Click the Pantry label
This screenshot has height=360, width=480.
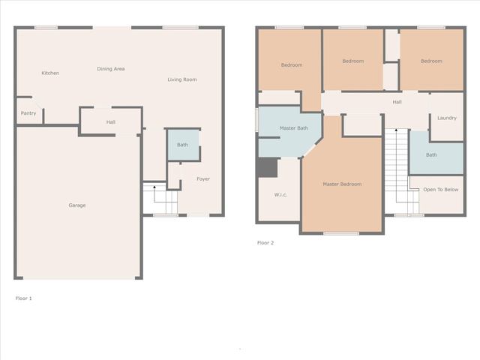28,113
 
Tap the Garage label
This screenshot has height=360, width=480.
77,205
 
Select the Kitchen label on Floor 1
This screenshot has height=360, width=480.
50,73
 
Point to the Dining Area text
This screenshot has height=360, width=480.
111,69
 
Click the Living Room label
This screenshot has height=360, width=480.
182,79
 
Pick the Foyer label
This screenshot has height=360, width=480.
203,179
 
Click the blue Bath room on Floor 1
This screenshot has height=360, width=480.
183,145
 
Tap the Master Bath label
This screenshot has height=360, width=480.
294,128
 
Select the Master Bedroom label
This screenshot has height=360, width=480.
342,184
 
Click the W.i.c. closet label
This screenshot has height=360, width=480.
280,195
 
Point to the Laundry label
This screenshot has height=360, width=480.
447,118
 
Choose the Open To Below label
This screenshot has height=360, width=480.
441,190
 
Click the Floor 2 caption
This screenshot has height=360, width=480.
265,243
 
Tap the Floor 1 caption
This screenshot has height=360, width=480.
23,298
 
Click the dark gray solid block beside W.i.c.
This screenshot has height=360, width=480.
267,168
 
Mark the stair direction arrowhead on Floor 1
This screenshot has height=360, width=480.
154,187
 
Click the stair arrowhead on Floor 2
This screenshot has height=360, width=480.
396,130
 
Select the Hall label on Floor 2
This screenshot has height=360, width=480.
397,102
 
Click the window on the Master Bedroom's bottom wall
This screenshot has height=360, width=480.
341,233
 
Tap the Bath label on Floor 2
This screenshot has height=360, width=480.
431,155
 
